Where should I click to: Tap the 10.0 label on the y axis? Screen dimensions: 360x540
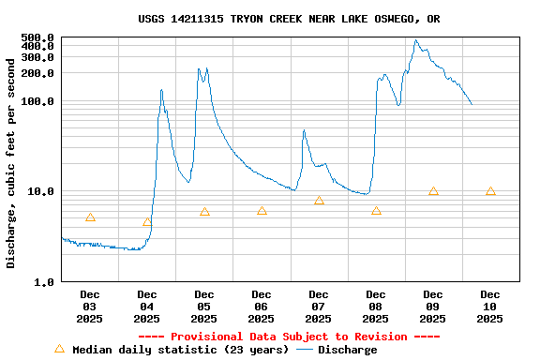pos(41,191)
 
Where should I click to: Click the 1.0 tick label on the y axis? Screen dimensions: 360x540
pos(44,281)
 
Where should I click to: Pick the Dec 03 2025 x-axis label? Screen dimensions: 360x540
pos(90,307)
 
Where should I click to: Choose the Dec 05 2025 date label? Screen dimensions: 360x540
pos(204,307)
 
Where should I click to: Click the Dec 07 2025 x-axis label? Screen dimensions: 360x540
pos(319,307)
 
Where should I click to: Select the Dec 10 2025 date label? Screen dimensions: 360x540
pos(490,307)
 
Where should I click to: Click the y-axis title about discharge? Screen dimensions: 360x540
pos(11,162)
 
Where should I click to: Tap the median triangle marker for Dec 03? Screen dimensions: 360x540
pos(90,217)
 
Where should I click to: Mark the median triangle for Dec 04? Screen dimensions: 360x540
pos(147,222)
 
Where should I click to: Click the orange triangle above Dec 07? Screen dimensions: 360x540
pos(319,200)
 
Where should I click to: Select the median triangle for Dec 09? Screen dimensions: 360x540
pos(433,191)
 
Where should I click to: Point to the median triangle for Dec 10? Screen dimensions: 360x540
pos(490,191)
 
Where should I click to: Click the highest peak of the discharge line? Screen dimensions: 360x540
pos(416,40)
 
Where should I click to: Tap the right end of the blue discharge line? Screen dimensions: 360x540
pos(472,104)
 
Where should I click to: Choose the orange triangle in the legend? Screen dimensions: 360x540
pos(60,349)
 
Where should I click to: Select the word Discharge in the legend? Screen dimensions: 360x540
pos(347,350)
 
